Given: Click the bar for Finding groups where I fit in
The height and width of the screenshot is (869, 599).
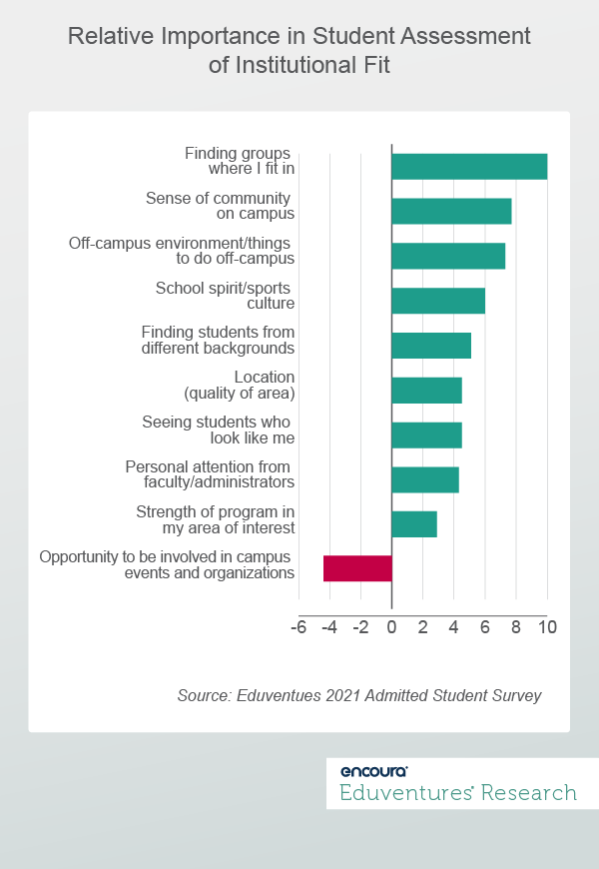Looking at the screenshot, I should (x=469, y=166).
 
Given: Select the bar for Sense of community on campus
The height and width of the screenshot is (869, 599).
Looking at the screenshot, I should (x=451, y=211).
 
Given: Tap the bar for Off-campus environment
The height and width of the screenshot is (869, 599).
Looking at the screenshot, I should (x=448, y=256).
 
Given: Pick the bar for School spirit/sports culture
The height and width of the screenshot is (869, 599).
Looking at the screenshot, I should (x=438, y=301).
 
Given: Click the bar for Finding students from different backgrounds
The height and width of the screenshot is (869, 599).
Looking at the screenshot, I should (x=431, y=346).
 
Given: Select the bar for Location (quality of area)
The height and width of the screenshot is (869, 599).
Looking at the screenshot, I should (x=426, y=390).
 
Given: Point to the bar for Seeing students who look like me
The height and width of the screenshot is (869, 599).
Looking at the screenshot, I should (x=426, y=434).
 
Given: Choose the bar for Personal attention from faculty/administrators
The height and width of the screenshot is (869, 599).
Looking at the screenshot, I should (x=425, y=479).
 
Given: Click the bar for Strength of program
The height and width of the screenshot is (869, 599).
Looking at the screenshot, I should (x=414, y=524).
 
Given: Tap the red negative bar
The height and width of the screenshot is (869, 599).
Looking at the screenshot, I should (x=357, y=568).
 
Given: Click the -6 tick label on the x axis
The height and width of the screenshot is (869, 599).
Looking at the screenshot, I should (x=298, y=628).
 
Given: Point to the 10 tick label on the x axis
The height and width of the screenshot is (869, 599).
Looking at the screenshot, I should (x=546, y=628).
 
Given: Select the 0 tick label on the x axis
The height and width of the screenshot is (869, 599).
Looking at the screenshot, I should (x=391, y=628).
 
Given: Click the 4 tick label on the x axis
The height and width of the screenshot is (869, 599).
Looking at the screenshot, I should (x=453, y=628).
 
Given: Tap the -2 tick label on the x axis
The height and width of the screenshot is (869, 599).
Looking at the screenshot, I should (x=359, y=628).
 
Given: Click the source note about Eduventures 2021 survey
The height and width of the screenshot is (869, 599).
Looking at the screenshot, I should (x=358, y=695).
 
